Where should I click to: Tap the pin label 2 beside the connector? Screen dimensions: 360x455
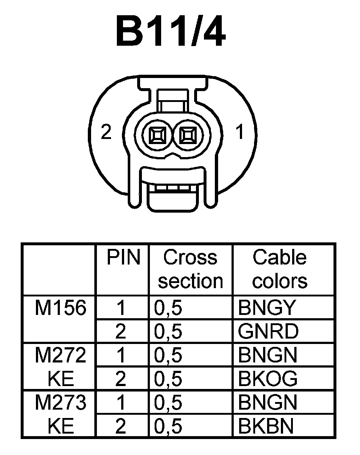click(x=106, y=133)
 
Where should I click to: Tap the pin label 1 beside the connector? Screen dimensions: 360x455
click(x=240, y=133)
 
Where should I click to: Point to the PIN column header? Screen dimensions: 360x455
click(x=123, y=258)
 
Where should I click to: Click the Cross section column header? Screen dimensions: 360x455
click(x=191, y=269)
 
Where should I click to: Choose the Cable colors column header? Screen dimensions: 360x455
click(x=279, y=269)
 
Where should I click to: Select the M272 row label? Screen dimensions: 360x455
click(x=61, y=356)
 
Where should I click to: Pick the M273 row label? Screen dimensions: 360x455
click(x=61, y=403)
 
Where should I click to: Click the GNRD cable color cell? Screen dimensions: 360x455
click(x=268, y=332)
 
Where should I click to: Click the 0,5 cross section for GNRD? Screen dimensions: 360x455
click(x=168, y=332)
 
